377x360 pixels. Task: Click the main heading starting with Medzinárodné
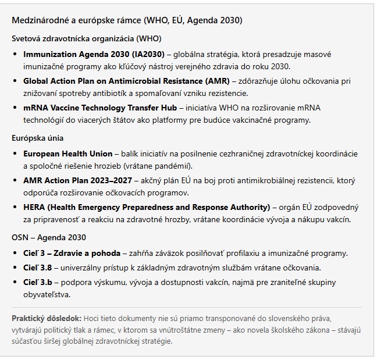[127, 20]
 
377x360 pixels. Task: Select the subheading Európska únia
[38, 138]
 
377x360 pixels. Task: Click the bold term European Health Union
[68, 154]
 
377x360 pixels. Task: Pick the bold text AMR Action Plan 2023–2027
[77, 181]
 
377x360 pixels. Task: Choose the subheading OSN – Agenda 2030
[49, 238]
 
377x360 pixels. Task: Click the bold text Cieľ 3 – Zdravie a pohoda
[72, 253]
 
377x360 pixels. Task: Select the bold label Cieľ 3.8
[38, 268]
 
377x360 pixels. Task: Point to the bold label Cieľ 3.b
[38, 282]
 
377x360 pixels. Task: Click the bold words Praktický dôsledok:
[47, 319]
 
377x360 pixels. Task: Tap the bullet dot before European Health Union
[16, 154]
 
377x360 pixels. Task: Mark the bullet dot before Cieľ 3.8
[16, 268]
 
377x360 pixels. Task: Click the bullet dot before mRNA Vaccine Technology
[16, 108]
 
